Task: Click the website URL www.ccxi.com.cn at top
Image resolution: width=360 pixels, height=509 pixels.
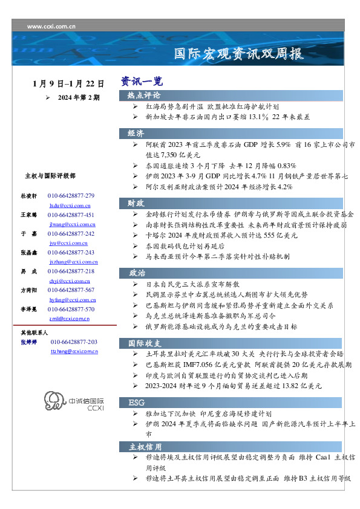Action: [x=51, y=27]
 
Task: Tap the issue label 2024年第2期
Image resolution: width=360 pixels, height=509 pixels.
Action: [x=79, y=97]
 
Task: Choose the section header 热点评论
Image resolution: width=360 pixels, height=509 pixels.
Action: [x=144, y=96]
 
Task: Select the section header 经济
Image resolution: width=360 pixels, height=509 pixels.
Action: [x=136, y=133]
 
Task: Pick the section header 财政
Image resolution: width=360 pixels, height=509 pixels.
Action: [x=136, y=203]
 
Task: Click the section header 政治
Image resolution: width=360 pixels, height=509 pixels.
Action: [x=136, y=273]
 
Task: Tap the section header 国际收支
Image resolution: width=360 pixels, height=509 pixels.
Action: [x=144, y=343]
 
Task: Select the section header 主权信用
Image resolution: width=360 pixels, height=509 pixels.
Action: [x=145, y=447]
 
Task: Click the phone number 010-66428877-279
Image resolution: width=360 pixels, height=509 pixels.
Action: [x=71, y=196]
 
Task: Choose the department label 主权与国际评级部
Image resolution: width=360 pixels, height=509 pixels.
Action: [x=50, y=176]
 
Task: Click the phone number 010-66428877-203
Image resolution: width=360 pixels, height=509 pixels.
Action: [x=75, y=342]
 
